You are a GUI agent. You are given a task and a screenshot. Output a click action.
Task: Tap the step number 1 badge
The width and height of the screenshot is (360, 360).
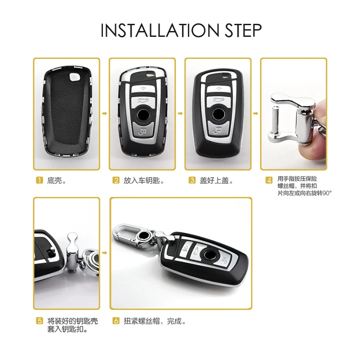pyautogui.click(x=39, y=181)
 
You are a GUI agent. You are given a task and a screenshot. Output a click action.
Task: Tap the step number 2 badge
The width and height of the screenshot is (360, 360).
pyautogui.click(x=116, y=181)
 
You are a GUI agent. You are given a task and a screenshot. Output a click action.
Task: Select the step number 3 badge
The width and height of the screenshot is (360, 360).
pyautogui.click(x=192, y=181)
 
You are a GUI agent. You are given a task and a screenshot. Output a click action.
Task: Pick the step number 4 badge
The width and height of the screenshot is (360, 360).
pyautogui.click(x=269, y=181)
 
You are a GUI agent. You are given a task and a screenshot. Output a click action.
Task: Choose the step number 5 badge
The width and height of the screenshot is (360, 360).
pyautogui.click(x=40, y=321)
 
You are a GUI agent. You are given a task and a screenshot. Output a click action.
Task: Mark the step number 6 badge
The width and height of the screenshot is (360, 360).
pyautogui.click(x=116, y=321)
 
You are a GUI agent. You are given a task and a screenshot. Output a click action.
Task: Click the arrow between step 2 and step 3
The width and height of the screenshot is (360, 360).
pyautogui.click(x=180, y=114)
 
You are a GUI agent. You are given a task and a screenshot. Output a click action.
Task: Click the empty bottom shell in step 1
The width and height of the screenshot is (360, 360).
pyautogui.click(x=67, y=115)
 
